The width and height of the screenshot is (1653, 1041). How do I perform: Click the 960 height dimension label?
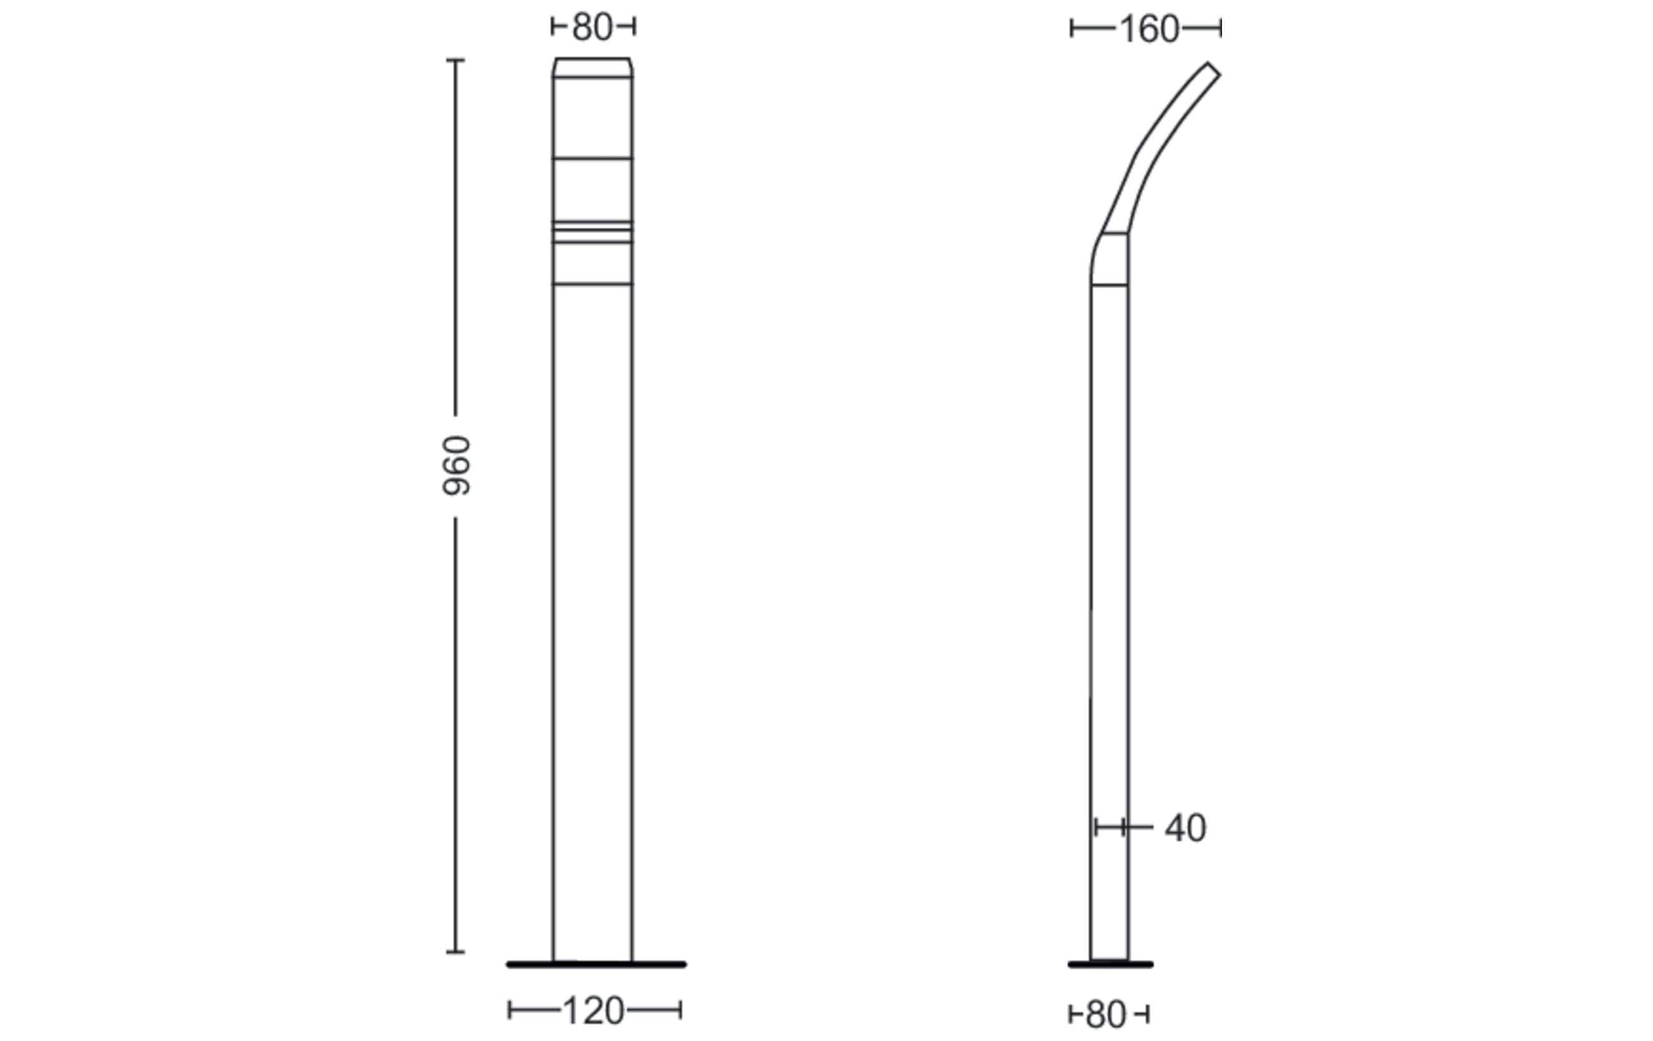tap(456, 465)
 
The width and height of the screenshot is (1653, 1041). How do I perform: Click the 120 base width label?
tap(593, 1011)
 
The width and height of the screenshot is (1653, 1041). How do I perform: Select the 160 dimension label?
tap(1149, 29)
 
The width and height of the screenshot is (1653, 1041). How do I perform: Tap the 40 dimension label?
tap(1185, 828)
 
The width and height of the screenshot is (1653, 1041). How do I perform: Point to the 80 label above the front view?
tap(592, 27)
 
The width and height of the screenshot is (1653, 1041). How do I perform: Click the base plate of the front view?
tap(596, 965)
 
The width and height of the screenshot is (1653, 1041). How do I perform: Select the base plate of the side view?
tap(1110, 965)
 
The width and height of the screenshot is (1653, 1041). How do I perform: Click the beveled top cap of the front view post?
tap(592, 67)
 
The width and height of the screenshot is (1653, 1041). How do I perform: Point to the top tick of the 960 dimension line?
tap(455, 60)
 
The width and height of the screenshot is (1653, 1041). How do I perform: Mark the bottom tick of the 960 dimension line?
tap(455, 952)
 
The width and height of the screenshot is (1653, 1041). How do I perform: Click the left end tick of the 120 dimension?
tap(509, 1010)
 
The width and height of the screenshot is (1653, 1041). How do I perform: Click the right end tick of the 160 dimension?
tap(1221, 28)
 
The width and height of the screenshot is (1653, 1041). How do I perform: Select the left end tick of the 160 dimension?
tap(1071, 28)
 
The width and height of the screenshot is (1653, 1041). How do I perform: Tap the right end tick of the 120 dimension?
tap(680, 1010)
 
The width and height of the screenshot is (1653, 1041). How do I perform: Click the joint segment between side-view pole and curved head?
tap(1109, 259)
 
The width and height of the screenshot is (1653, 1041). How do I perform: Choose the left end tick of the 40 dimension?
tap(1096, 827)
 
